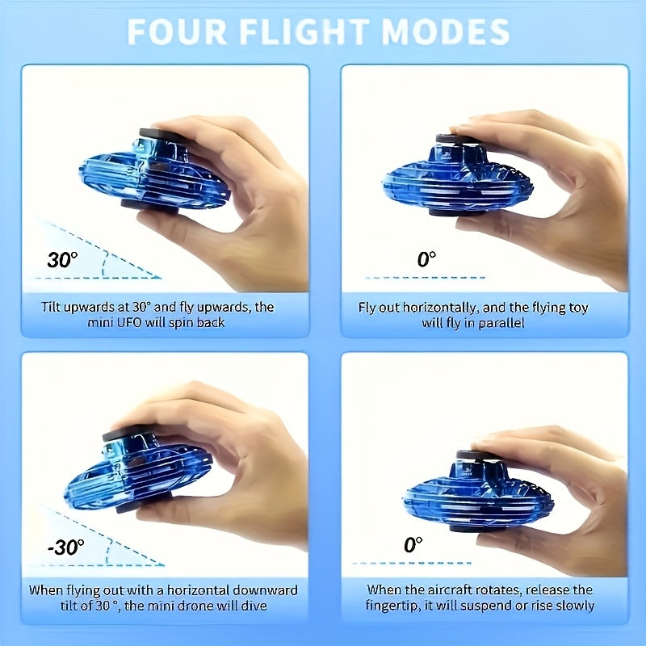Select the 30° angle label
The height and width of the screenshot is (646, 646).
click(62, 260)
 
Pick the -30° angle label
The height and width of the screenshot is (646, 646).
click(65, 547)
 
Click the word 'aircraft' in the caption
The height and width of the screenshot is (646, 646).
click(448, 589)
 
